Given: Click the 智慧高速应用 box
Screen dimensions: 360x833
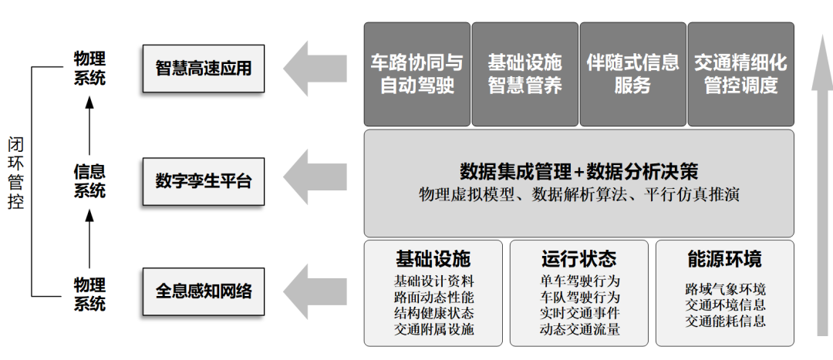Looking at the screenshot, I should point(204,69).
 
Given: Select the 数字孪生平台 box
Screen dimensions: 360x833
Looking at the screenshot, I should point(204,182).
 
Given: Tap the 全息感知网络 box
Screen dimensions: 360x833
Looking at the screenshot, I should point(204,291).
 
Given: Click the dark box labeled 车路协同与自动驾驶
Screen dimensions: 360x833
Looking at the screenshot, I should point(416,73).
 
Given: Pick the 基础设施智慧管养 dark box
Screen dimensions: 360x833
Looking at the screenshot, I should point(524,73).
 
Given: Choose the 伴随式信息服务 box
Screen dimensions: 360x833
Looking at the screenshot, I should point(632,73).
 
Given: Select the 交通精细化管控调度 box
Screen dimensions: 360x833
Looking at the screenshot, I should point(740,73).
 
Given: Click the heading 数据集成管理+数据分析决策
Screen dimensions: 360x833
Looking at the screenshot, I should point(578,170).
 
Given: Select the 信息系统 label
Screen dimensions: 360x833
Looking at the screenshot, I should point(89,181).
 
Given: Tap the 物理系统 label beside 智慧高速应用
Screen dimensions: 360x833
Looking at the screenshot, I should point(89,69).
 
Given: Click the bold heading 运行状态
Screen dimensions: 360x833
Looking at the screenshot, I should point(578,258).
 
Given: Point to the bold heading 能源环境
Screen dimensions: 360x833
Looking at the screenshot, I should point(724,258).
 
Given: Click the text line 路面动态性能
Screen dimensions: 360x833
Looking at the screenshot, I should point(434,298).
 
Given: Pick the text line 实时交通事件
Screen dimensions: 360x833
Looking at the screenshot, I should point(580,314).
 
